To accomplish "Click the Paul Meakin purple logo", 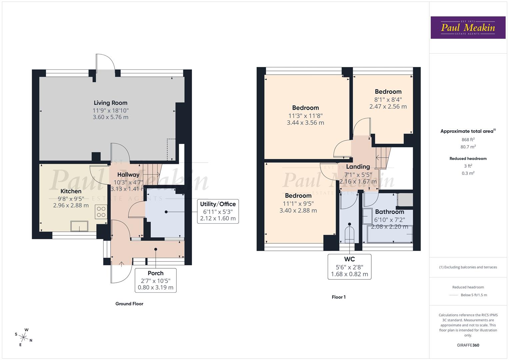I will pyautogui.click(x=468, y=28).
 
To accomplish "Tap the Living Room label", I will pyautogui.click(x=110, y=103).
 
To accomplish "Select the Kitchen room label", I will pyautogui.click(x=71, y=191).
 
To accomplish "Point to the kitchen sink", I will pyautogui.click(x=79, y=226).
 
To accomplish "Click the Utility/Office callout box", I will pyautogui.click(x=218, y=211).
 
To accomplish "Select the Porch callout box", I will pyautogui.click(x=155, y=280).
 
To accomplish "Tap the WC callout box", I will pyautogui.click(x=349, y=267).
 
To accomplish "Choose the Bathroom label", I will pyautogui.click(x=389, y=212).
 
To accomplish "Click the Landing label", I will pyautogui.click(x=358, y=167).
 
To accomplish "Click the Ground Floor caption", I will pyautogui.click(x=129, y=304).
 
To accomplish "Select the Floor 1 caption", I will pyautogui.click(x=339, y=297).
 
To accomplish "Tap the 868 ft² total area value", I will pyautogui.click(x=468, y=140).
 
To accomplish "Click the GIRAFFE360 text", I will pyautogui.click(x=468, y=345).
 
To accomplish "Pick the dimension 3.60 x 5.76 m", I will pyautogui.click(x=110, y=117).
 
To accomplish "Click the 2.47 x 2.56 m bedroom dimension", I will pyautogui.click(x=388, y=107).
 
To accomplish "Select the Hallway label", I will pyautogui.click(x=128, y=175).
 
